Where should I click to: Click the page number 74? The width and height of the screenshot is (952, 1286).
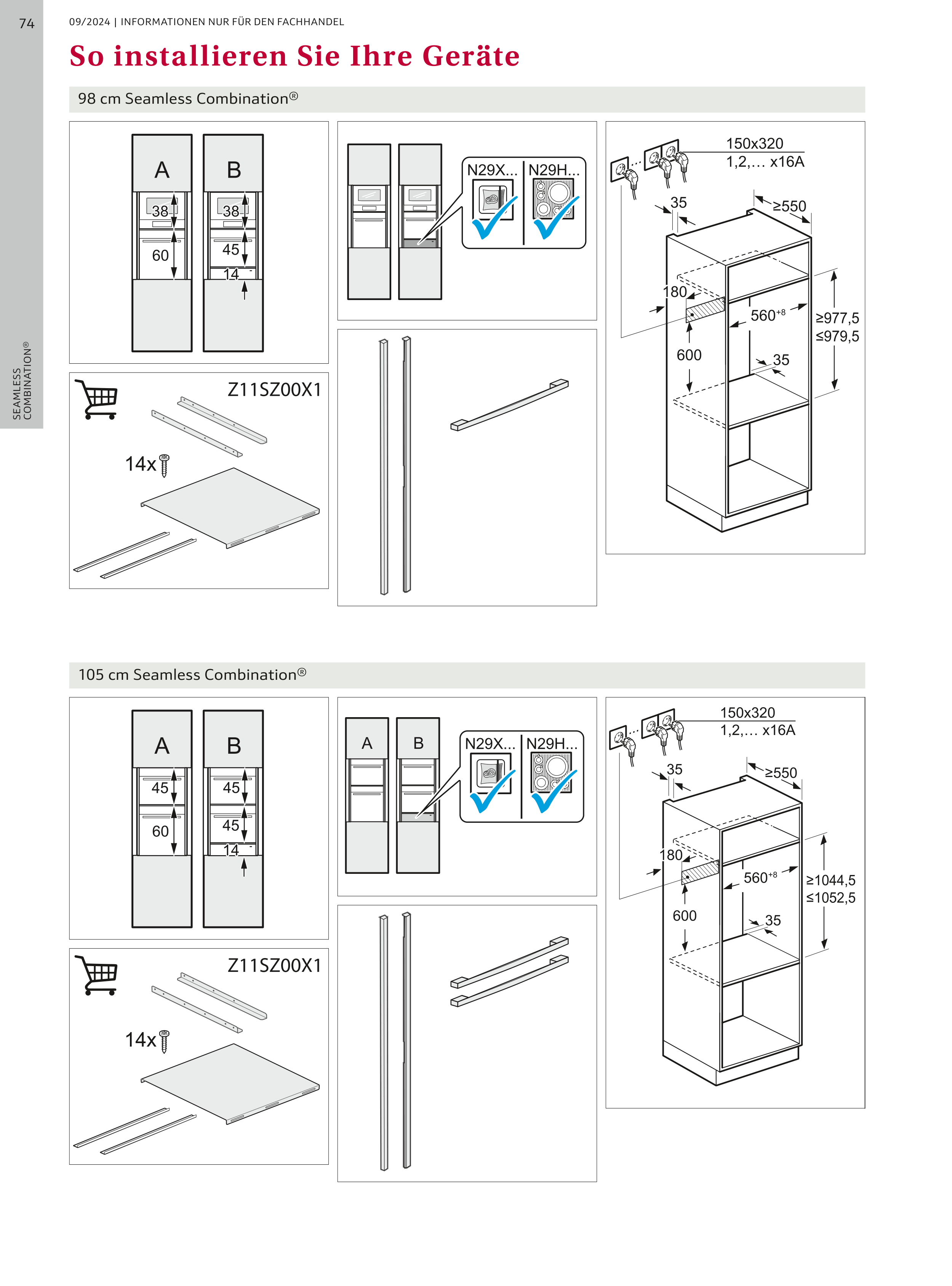27,24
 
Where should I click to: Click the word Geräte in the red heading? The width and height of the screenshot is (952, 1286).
471,56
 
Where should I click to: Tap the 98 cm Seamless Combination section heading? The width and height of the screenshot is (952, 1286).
188,99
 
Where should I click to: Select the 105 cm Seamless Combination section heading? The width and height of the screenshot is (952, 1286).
192,675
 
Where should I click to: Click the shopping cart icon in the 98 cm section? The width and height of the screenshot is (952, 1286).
96,398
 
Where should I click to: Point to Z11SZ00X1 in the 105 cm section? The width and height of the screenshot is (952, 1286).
274,965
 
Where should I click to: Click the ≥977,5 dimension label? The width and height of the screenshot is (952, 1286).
837,318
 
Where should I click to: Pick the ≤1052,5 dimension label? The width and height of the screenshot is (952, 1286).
830,897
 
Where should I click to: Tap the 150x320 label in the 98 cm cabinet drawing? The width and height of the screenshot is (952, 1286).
754,143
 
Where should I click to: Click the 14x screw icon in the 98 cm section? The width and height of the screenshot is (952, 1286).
164,464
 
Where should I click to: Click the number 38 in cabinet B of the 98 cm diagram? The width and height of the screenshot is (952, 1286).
231,211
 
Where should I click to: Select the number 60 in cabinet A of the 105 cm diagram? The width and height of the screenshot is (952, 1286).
160,831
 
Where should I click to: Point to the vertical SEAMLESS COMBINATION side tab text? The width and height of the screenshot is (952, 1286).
22,381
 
